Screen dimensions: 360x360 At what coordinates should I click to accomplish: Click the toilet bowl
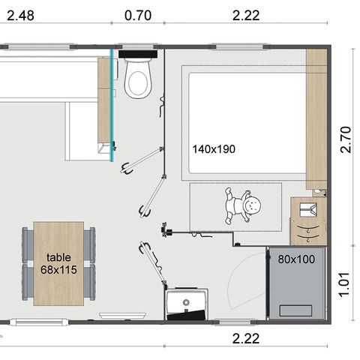click(x=138, y=82)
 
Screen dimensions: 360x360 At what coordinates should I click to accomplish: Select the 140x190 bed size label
click(x=213, y=149)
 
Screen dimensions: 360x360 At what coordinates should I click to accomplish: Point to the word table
click(x=58, y=256)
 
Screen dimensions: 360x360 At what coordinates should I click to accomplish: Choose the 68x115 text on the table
click(x=58, y=268)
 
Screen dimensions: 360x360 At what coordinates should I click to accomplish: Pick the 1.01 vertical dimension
click(x=346, y=283)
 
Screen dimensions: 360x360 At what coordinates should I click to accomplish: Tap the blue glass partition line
click(x=112, y=105)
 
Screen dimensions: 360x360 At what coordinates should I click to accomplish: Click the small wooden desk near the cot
click(x=308, y=221)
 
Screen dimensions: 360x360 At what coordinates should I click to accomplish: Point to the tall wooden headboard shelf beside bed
click(x=316, y=118)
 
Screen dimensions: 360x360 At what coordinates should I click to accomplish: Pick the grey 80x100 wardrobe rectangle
click(x=297, y=285)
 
